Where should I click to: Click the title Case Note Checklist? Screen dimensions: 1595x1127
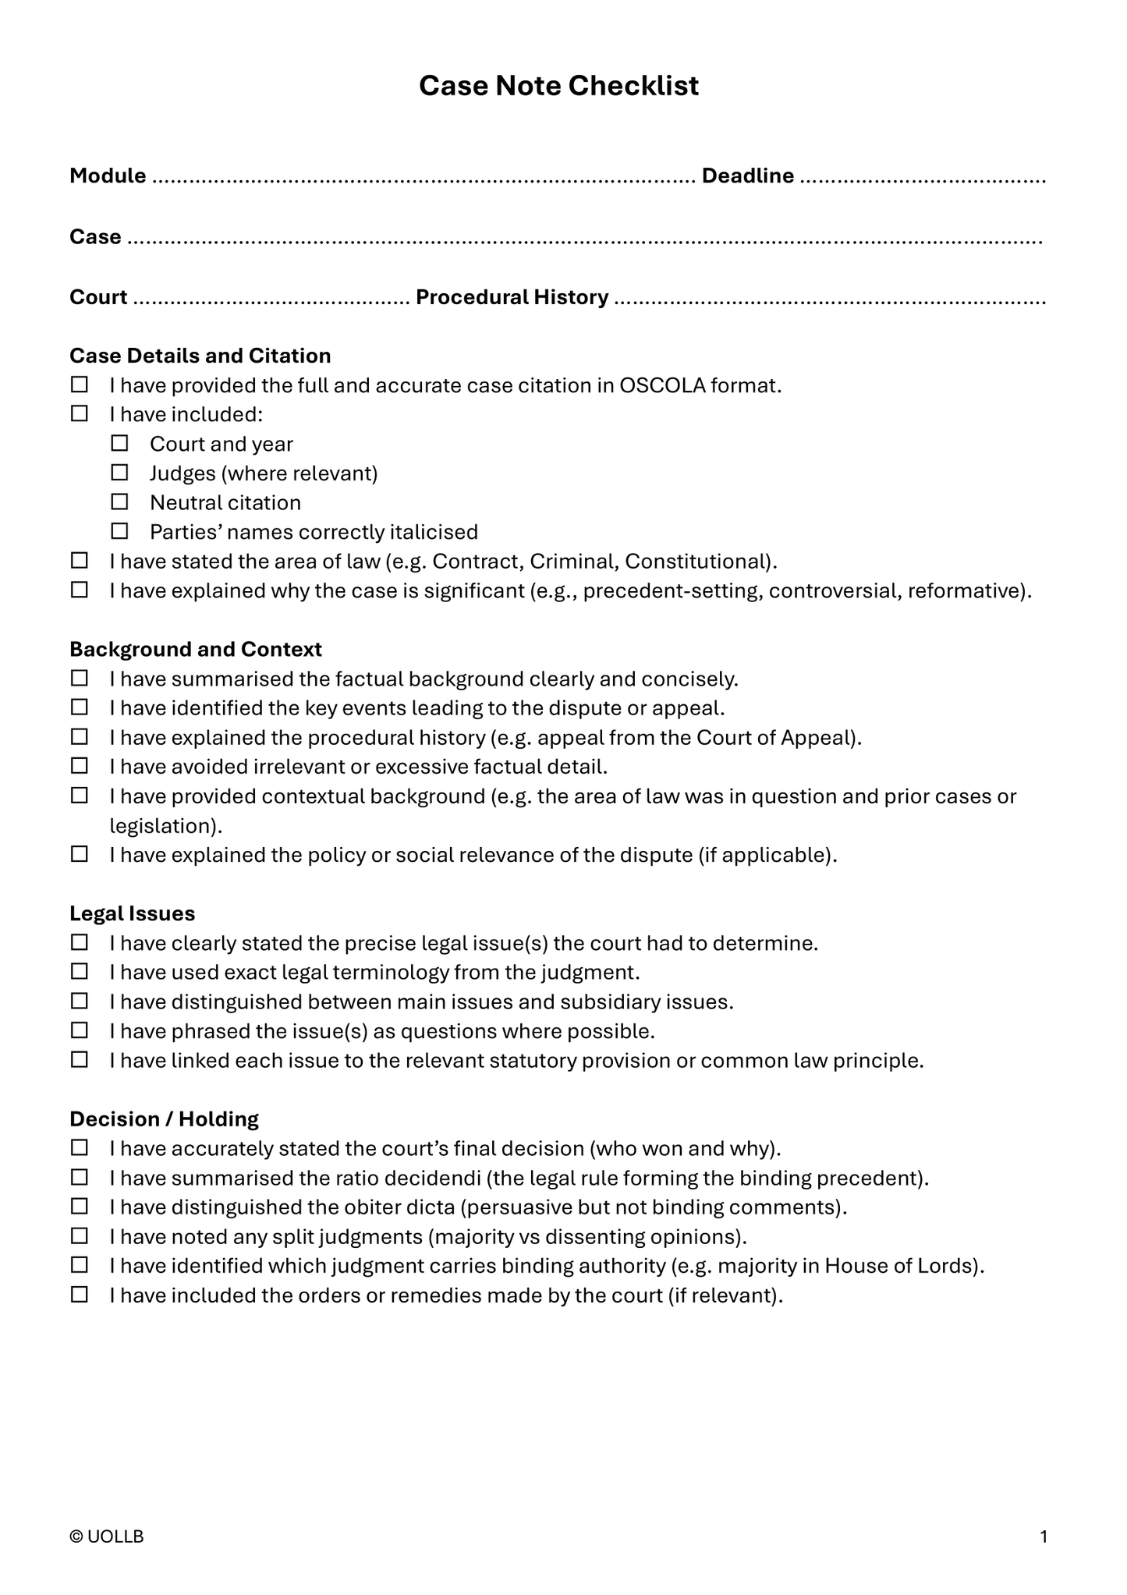coord(558,86)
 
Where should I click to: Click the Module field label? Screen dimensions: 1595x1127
coord(108,176)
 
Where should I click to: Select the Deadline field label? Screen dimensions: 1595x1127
coord(747,176)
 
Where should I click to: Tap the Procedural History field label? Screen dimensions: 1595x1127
coord(512,297)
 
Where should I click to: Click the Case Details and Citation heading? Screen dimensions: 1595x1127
coord(200,356)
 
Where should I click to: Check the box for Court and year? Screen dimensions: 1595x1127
coord(119,444)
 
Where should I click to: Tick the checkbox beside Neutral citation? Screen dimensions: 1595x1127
coord(119,502)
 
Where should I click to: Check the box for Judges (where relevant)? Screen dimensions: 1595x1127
coord(119,473)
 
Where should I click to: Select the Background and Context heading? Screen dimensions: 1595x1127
coord(195,649)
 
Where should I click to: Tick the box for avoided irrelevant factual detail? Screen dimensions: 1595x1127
coord(80,767)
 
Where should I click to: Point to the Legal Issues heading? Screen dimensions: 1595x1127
coord(132,913)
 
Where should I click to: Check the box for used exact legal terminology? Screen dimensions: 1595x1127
coord(80,973)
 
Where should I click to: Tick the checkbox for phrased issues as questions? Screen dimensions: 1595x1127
coord(80,1031)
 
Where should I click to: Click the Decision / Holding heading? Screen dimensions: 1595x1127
coord(164,1119)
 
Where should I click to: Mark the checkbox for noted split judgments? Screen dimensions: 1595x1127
coord(80,1237)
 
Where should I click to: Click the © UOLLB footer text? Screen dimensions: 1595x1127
coord(107,1537)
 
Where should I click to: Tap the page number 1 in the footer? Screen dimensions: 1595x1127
coord(1044,1537)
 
